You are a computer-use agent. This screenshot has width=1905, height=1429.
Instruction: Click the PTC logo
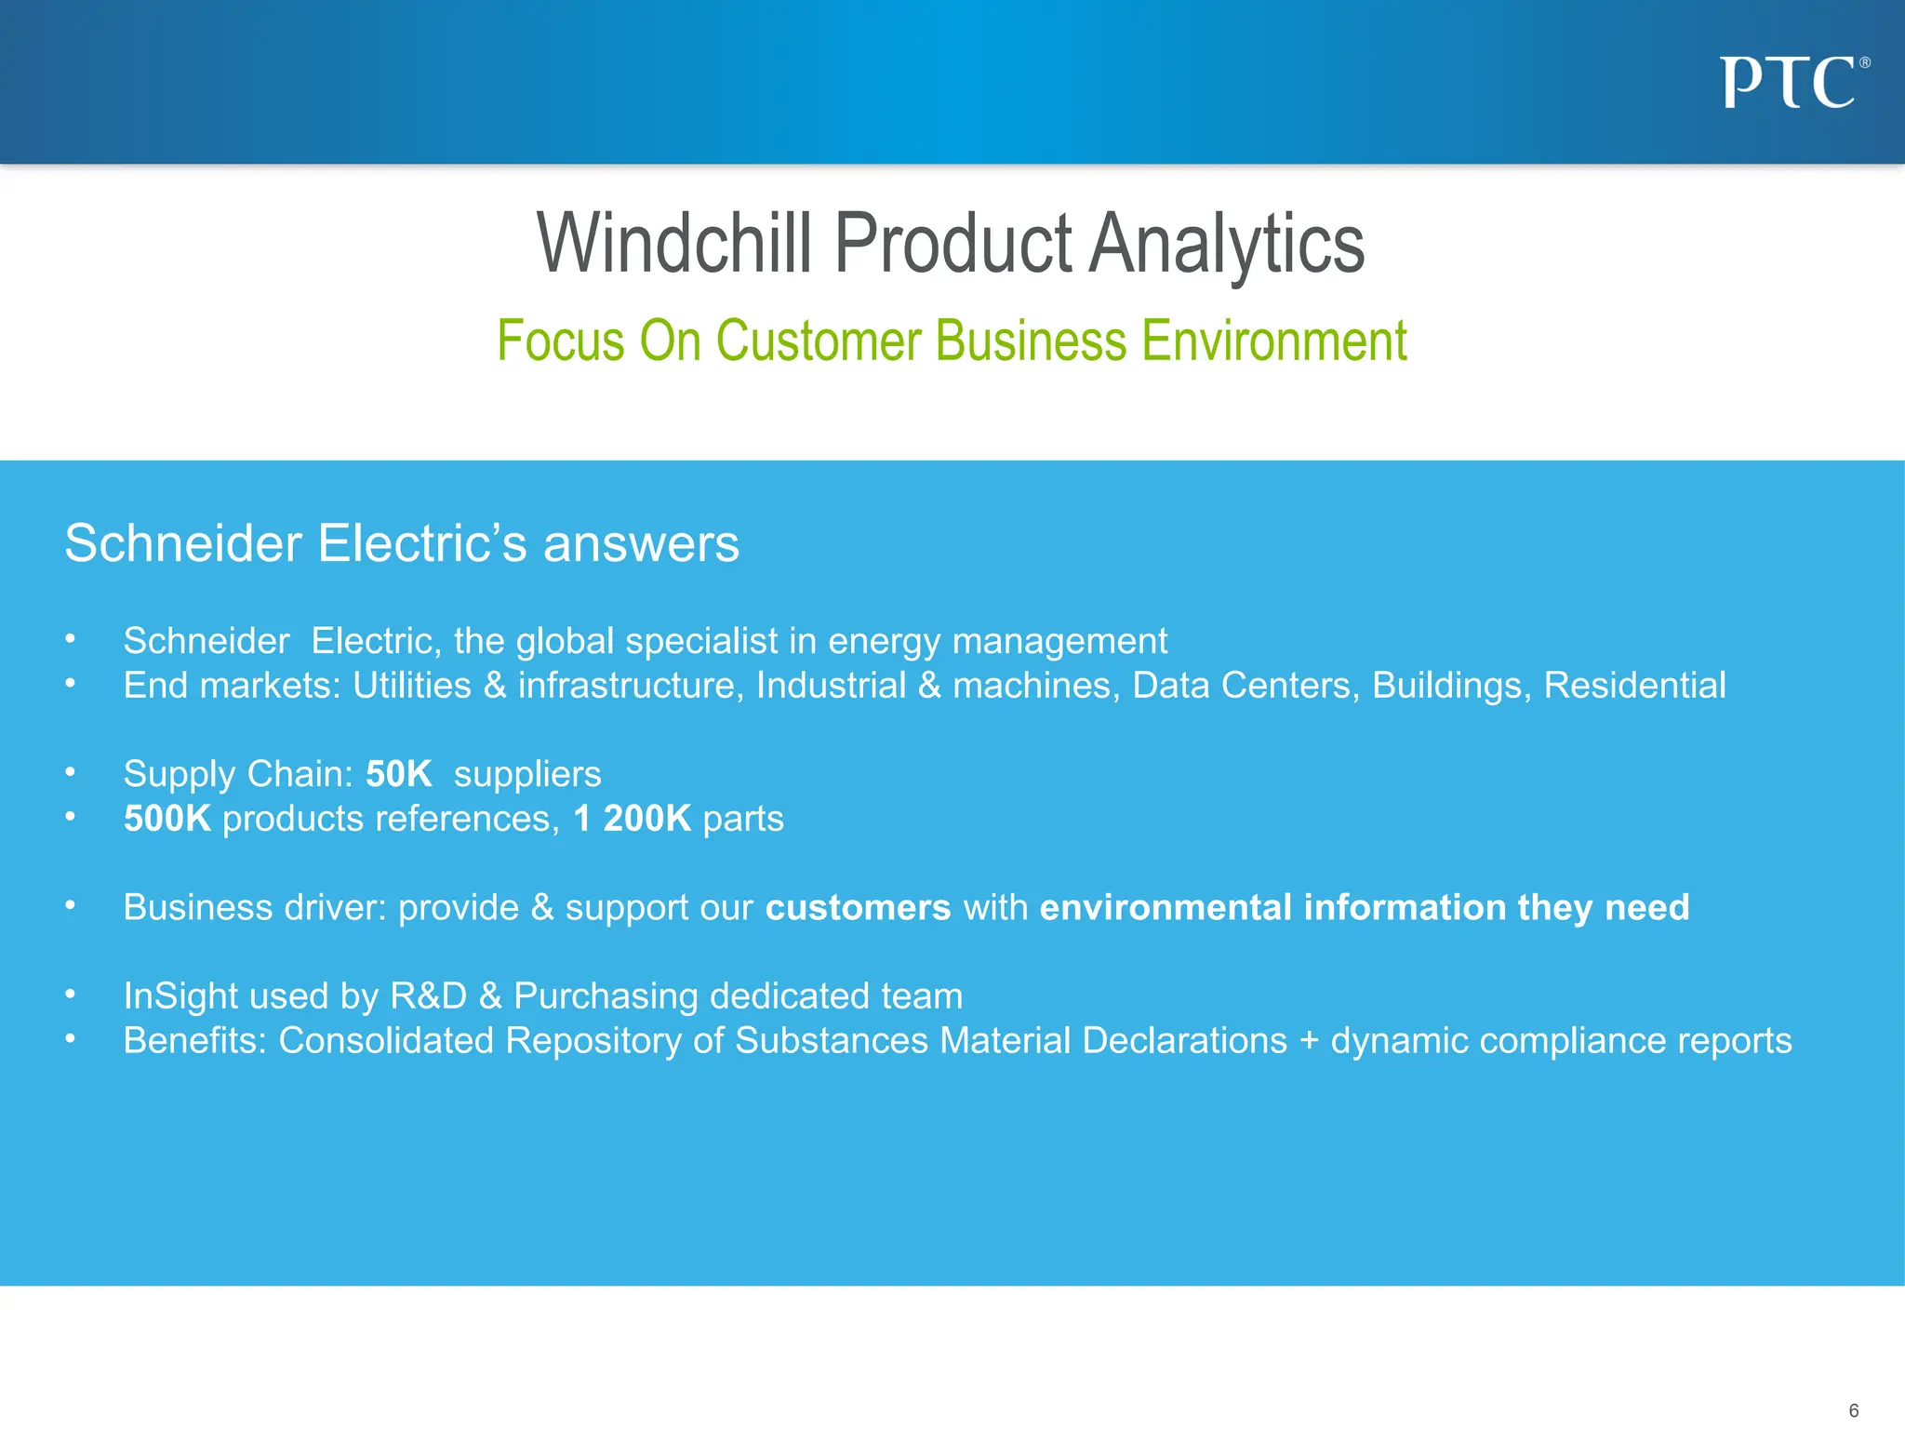pyautogui.click(x=1792, y=83)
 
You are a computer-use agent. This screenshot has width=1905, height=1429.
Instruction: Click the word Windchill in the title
pyautogui.click(x=673, y=244)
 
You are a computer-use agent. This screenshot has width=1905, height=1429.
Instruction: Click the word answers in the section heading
pyautogui.click(x=641, y=543)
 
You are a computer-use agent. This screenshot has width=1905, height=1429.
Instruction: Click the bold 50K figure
pyautogui.click(x=398, y=774)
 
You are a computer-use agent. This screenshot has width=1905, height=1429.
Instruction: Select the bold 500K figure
pyautogui.click(x=167, y=819)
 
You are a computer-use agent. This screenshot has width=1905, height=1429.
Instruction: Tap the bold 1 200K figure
pyautogui.click(x=632, y=819)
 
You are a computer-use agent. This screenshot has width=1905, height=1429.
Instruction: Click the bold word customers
pyautogui.click(x=858, y=907)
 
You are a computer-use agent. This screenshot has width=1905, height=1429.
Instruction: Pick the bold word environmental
pyautogui.click(x=1166, y=907)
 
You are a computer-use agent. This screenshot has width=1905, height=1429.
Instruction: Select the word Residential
pyautogui.click(x=1634, y=686)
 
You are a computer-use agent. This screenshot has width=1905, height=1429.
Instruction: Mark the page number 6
pyautogui.click(x=1853, y=1410)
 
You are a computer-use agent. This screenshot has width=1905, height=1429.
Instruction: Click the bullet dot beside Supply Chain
pyautogui.click(x=70, y=772)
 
